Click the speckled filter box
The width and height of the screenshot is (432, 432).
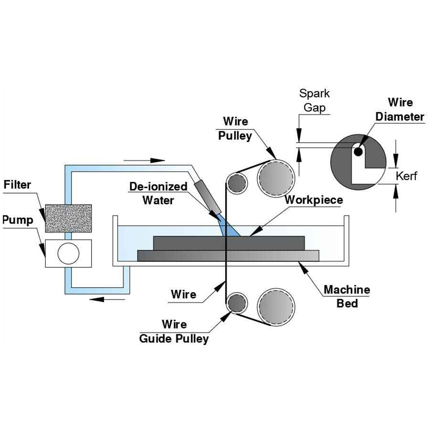tap(68, 218)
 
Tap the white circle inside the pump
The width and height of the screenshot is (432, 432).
tap(68, 253)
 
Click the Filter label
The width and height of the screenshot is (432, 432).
tap(17, 185)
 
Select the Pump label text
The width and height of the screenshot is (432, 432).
tap(18, 220)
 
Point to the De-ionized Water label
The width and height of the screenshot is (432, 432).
tap(158, 193)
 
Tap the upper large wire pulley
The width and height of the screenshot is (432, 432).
tap(276, 178)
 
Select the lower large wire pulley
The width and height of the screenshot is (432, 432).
tap(276, 306)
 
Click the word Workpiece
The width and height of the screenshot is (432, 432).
tap(314, 200)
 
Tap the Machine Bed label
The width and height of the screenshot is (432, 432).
tap(347, 296)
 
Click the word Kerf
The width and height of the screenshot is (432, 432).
tap(406, 176)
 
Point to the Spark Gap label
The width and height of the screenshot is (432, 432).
tap(314, 100)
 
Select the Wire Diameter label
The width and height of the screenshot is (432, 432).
tap(400, 109)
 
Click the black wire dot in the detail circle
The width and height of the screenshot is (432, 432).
tap(357, 152)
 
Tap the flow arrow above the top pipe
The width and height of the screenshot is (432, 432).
tap(144, 160)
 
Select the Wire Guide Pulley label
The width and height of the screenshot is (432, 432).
tap(174, 332)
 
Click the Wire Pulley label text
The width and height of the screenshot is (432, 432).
tap(235, 129)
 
